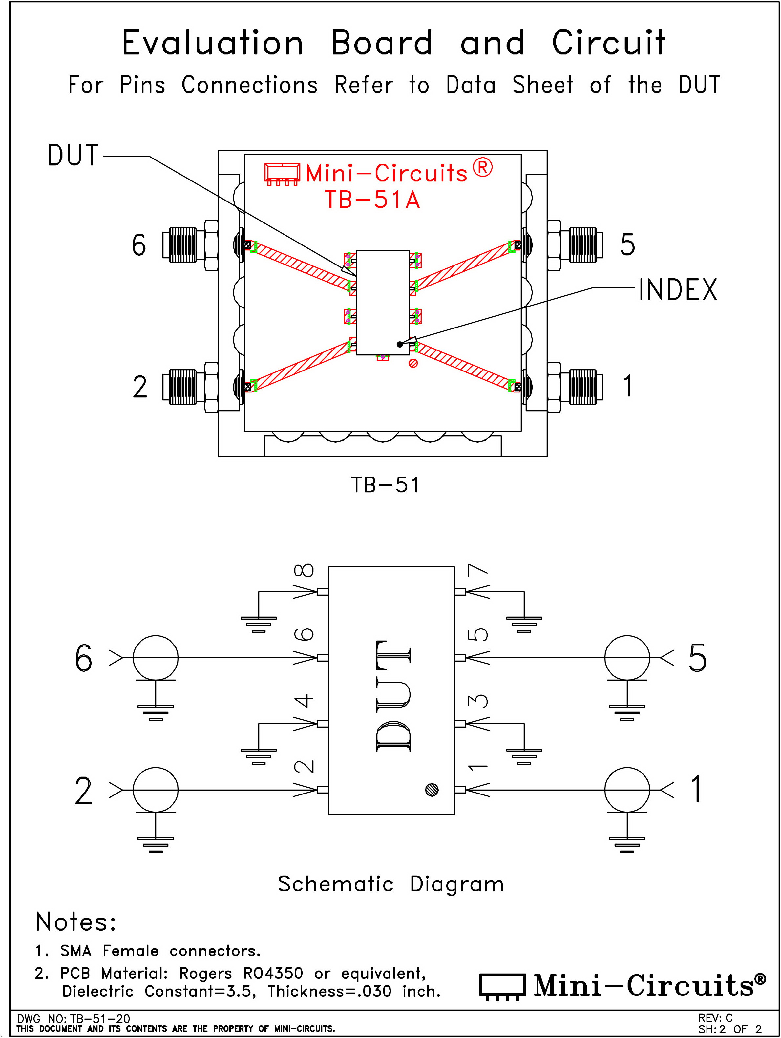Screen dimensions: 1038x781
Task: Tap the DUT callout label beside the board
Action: coord(73,155)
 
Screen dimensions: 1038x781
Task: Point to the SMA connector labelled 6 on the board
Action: coord(188,244)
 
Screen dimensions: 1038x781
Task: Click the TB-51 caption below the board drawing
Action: coord(385,485)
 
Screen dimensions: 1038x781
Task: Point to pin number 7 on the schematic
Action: coord(478,570)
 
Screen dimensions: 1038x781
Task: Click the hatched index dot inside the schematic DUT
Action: coord(432,790)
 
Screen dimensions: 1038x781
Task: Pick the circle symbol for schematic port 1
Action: coord(627,790)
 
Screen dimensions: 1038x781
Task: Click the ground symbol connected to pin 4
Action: coord(258,756)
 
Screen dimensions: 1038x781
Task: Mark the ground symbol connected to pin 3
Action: coord(524,756)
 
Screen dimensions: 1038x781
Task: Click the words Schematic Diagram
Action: coord(390,884)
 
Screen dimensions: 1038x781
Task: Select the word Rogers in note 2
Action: coord(205,973)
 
